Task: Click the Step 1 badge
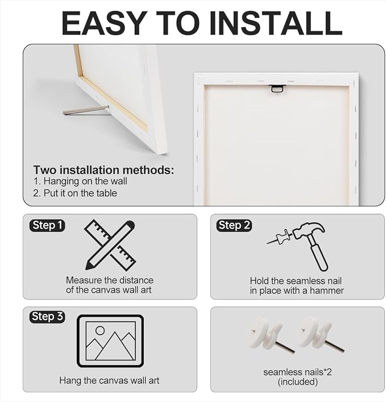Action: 47,225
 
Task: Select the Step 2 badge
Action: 234,225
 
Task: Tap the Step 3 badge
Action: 47,317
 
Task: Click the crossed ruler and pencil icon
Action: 110,245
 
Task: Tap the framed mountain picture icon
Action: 110,341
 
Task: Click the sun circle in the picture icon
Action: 100,330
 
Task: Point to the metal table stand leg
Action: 86,110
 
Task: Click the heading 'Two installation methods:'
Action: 103,170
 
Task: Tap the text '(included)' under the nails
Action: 298,382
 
